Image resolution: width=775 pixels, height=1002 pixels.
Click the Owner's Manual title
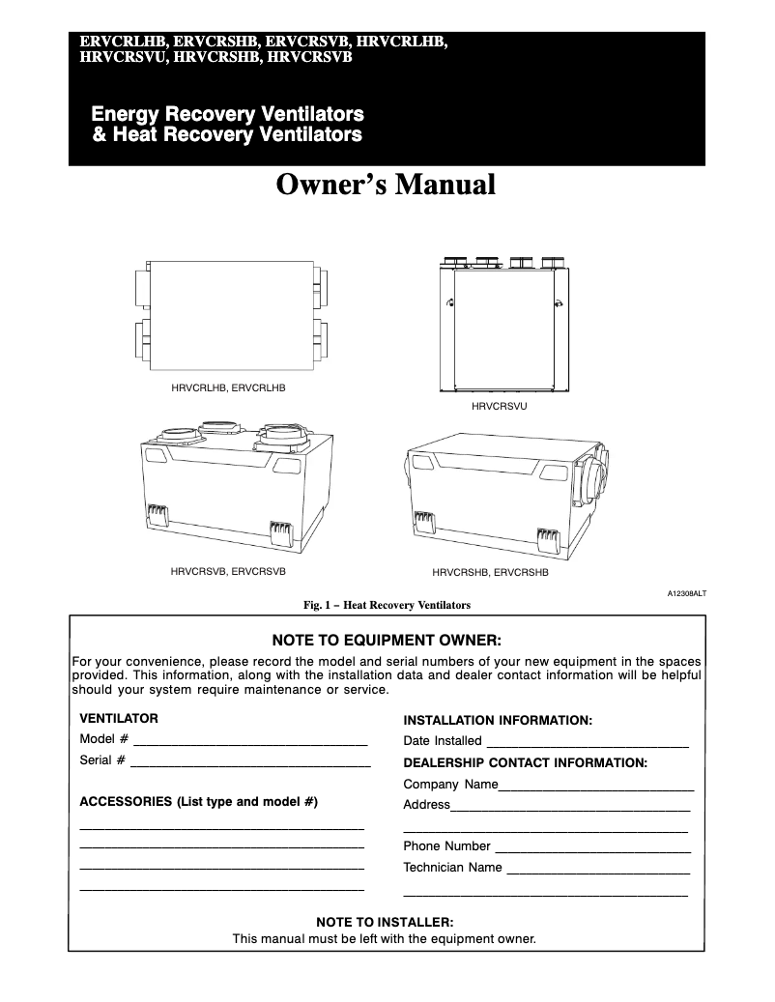point(386,184)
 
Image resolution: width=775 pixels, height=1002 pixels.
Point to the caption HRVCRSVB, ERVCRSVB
point(228,571)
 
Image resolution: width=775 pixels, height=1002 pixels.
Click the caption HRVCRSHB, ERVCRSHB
point(490,572)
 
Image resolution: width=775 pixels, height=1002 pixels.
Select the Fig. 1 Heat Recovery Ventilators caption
point(387,606)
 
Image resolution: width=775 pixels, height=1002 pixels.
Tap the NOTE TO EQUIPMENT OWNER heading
point(387,640)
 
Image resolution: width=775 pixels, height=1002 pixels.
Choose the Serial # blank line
point(250,764)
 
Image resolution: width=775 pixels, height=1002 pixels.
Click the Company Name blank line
point(596,788)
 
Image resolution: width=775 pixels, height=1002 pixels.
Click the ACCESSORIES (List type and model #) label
point(198,802)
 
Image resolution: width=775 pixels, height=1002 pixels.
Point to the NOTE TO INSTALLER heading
point(385,922)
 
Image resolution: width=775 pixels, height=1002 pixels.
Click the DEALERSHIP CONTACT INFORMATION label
point(525,762)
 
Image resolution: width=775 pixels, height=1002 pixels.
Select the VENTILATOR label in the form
point(118,719)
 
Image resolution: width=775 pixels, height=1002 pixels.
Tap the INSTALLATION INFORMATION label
point(497,720)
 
